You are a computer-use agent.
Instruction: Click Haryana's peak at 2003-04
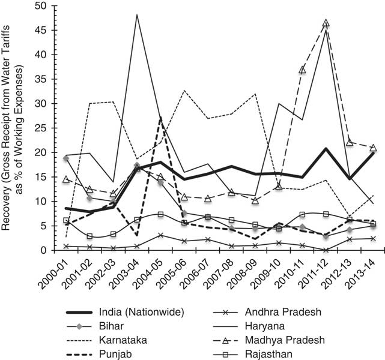pos(137,14)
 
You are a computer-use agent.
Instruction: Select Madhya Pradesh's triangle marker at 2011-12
pos(326,23)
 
